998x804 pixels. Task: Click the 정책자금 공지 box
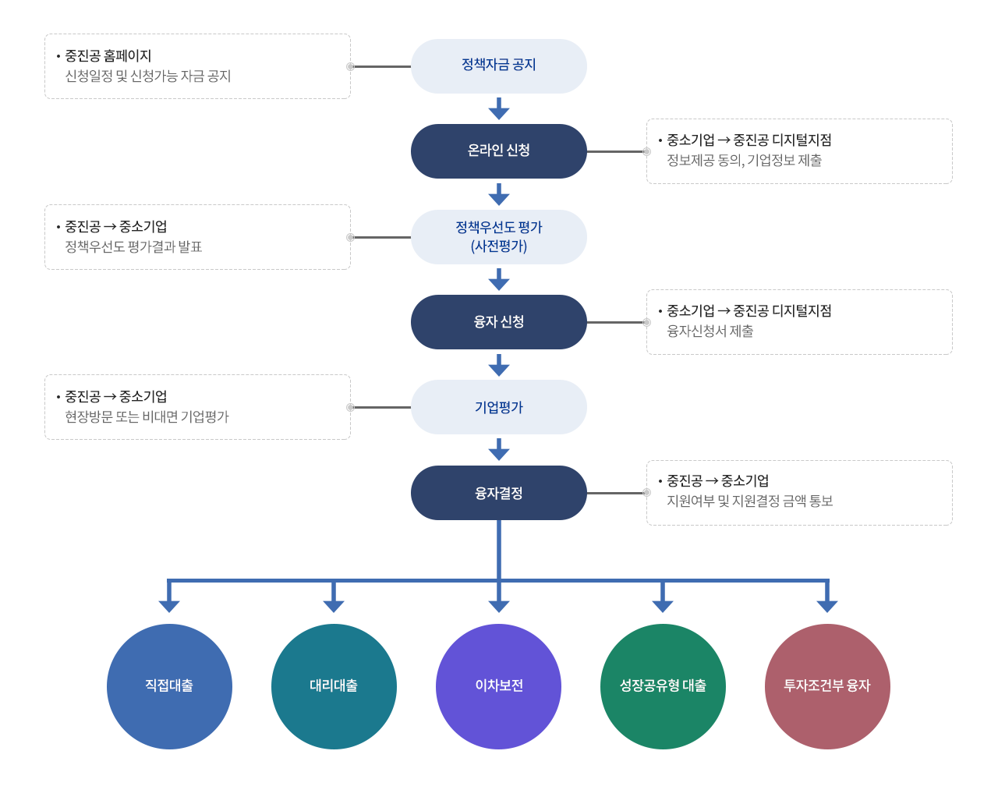[498, 66]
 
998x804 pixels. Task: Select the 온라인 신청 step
[498, 151]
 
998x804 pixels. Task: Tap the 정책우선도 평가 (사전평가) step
[498, 237]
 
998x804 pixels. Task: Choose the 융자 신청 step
[498, 322]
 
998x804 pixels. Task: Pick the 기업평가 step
[498, 407]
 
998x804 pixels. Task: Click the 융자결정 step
[498, 493]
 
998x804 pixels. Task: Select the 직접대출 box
[169, 686]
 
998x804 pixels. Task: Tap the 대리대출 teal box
[334, 686]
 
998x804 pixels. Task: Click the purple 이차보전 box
[498, 686]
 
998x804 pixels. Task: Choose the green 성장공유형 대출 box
[663, 686]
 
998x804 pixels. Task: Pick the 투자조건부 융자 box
[827, 686]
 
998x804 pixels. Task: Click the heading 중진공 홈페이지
[108, 56]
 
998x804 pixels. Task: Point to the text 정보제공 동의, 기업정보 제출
[744, 161]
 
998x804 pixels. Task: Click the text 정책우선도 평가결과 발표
[133, 247]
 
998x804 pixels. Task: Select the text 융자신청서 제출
[710, 331]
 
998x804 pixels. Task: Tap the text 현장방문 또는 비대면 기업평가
[147, 417]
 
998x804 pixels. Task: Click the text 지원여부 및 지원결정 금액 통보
[749, 501]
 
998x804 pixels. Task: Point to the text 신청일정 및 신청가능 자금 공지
[147, 76]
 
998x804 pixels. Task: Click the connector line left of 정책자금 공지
[382, 67]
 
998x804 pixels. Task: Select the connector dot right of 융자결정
[646, 493]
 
